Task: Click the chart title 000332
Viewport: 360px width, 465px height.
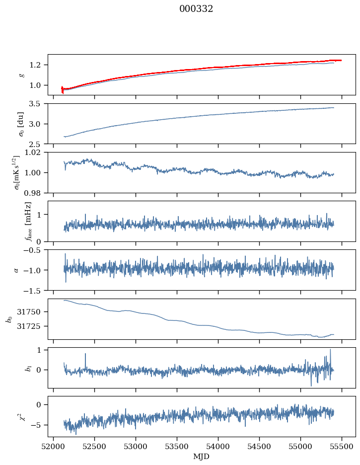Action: [x=196, y=9]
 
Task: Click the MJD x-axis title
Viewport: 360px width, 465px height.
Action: [x=202, y=456]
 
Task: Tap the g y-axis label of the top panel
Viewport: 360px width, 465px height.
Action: [x=21, y=75]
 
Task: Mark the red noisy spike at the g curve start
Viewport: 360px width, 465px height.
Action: [x=62, y=89]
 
